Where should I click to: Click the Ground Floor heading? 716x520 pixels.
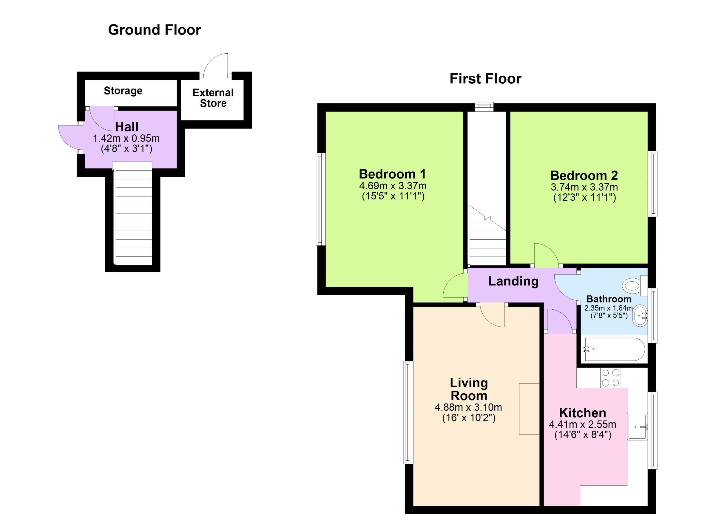click(x=154, y=30)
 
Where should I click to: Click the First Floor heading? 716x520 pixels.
click(x=485, y=78)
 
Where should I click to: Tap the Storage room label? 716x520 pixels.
click(x=123, y=91)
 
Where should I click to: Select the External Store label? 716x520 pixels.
click(x=213, y=98)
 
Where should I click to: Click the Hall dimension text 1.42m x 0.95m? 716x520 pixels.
click(x=126, y=139)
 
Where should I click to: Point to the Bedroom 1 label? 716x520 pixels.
click(x=392, y=174)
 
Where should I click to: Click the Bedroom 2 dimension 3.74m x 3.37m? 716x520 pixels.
click(x=584, y=187)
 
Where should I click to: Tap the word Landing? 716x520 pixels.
click(x=513, y=281)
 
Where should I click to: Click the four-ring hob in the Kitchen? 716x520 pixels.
click(x=610, y=378)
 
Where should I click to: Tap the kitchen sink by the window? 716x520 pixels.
click(x=637, y=427)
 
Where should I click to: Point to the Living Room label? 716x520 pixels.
click(x=468, y=389)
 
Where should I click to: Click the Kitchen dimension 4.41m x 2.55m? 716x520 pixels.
click(x=582, y=424)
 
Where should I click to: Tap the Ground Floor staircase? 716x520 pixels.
click(x=132, y=218)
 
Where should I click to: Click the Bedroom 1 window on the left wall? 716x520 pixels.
click(x=321, y=199)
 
